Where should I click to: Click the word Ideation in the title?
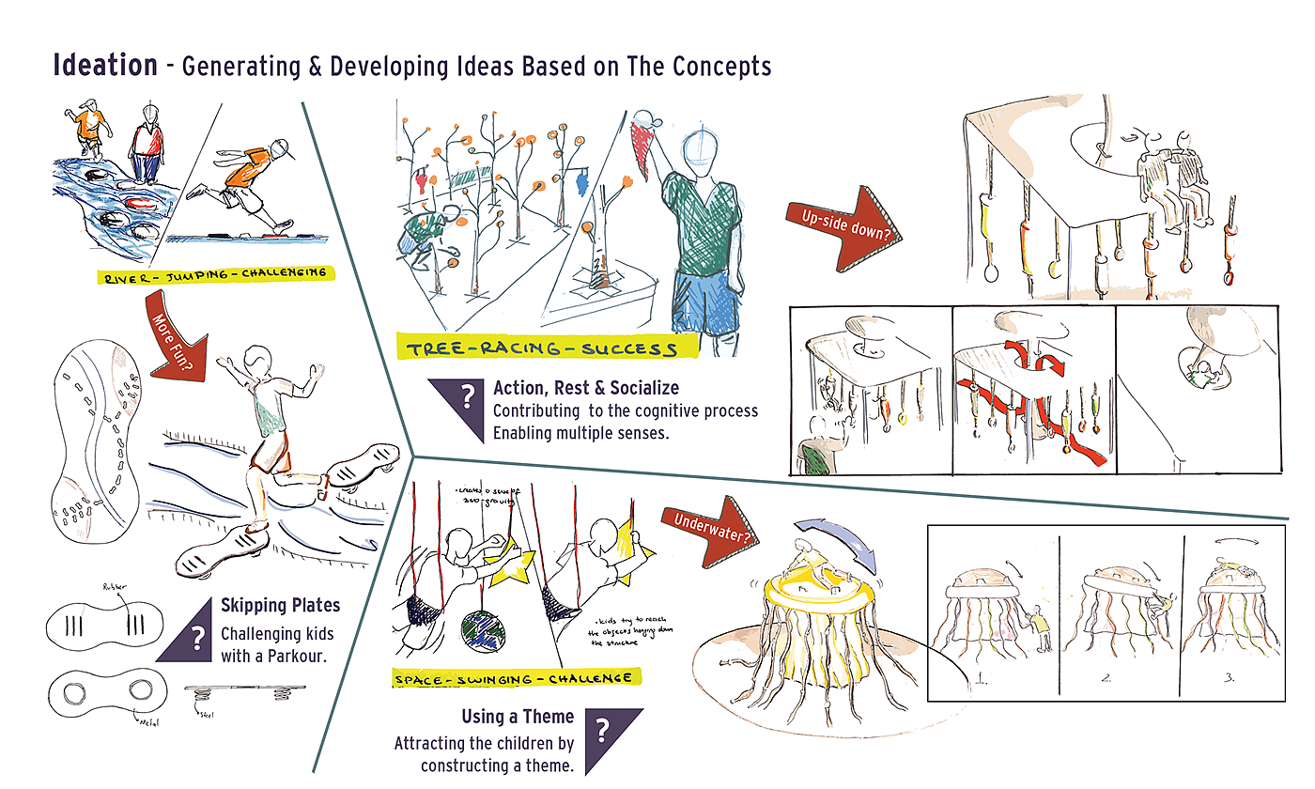point(105,65)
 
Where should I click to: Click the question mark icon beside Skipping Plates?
point(197,639)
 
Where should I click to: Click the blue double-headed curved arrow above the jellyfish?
point(836,545)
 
